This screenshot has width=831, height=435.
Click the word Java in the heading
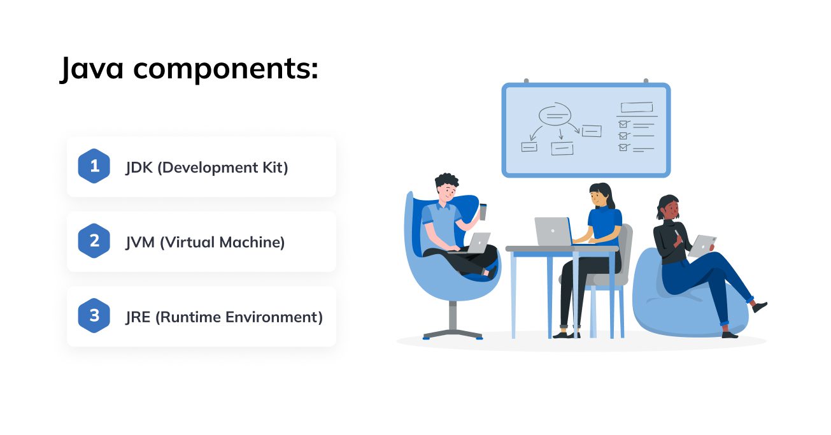click(x=92, y=68)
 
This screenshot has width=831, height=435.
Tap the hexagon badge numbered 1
click(x=94, y=166)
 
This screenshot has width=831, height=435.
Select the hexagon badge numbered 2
click(x=94, y=241)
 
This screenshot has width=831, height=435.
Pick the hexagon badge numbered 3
click(x=94, y=315)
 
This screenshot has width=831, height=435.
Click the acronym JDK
click(x=139, y=168)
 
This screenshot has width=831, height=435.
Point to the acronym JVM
click(x=140, y=243)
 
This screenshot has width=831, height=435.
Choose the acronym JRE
click(x=138, y=317)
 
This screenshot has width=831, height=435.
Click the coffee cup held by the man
click(x=483, y=212)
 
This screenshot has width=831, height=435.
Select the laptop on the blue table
click(x=553, y=231)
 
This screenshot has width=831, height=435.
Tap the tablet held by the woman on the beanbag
click(x=702, y=246)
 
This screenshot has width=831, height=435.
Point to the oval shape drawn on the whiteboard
click(x=555, y=114)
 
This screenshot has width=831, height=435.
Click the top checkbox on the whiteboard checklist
click(x=623, y=124)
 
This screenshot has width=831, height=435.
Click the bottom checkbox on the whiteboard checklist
click(x=623, y=147)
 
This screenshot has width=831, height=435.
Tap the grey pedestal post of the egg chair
click(x=453, y=315)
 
